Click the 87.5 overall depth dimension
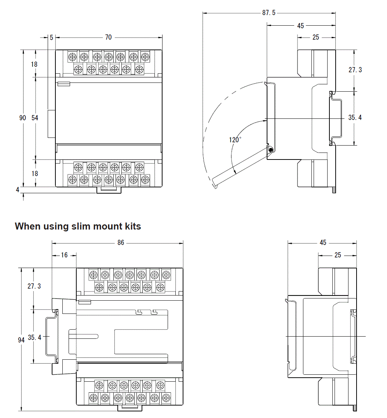tap(269, 13)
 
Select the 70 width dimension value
tap(108, 37)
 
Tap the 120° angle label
tap(235, 140)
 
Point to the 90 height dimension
tap(23, 118)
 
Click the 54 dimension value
tap(35, 118)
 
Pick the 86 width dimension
tap(121, 242)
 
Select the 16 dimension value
tap(64, 255)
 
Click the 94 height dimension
tap(21, 340)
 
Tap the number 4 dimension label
tap(17, 190)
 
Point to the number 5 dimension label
tap(51, 37)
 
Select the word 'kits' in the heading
tap(132, 226)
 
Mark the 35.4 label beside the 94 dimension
tap(34, 337)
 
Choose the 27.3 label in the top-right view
tap(355, 70)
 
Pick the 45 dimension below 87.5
tap(300, 26)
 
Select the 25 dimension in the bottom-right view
tap(338, 255)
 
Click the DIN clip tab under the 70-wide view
tap(109, 190)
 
